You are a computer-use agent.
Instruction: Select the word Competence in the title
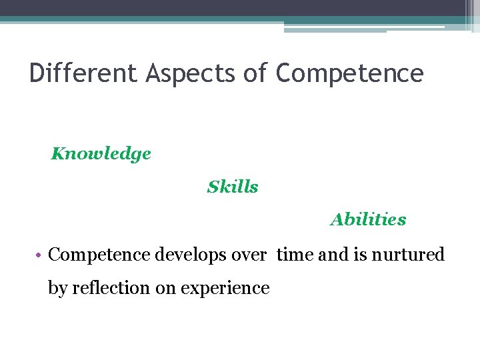click(349, 73)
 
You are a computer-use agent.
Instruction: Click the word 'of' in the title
click(255, 73)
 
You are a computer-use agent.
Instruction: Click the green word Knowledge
click(101, 154)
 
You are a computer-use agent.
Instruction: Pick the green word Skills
click(233, 187)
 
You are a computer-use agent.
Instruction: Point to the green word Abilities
click(368, 219)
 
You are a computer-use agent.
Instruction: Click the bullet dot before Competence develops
click(40, 255)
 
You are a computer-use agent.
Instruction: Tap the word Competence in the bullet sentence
click(99, 255)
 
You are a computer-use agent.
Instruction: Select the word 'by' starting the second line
click(57, 288)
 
